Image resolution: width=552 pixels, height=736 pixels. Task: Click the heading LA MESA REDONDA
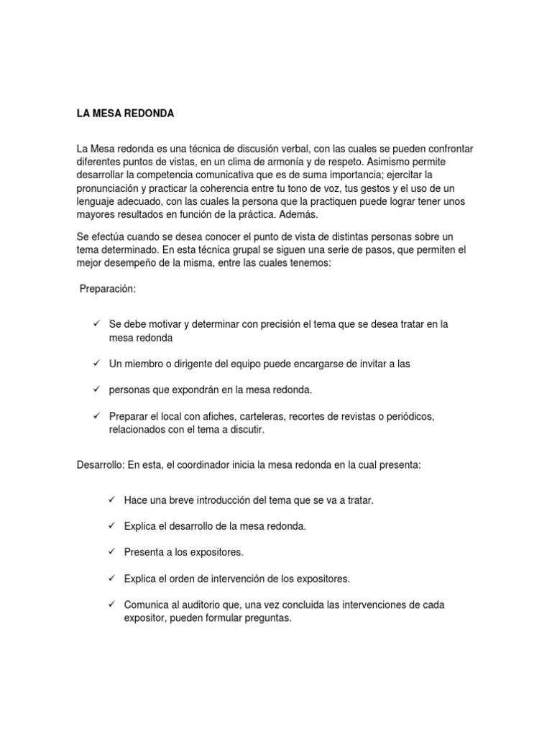point(126,114)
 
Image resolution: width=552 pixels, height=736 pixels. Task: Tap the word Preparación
point(108,288)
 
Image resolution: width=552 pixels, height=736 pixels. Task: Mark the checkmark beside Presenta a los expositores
point(111,551)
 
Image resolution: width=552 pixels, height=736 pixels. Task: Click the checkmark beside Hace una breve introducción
point(111,499)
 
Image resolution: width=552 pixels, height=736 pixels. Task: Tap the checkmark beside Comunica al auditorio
point(111,604)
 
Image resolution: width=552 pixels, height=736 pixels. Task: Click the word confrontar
point(445,149)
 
